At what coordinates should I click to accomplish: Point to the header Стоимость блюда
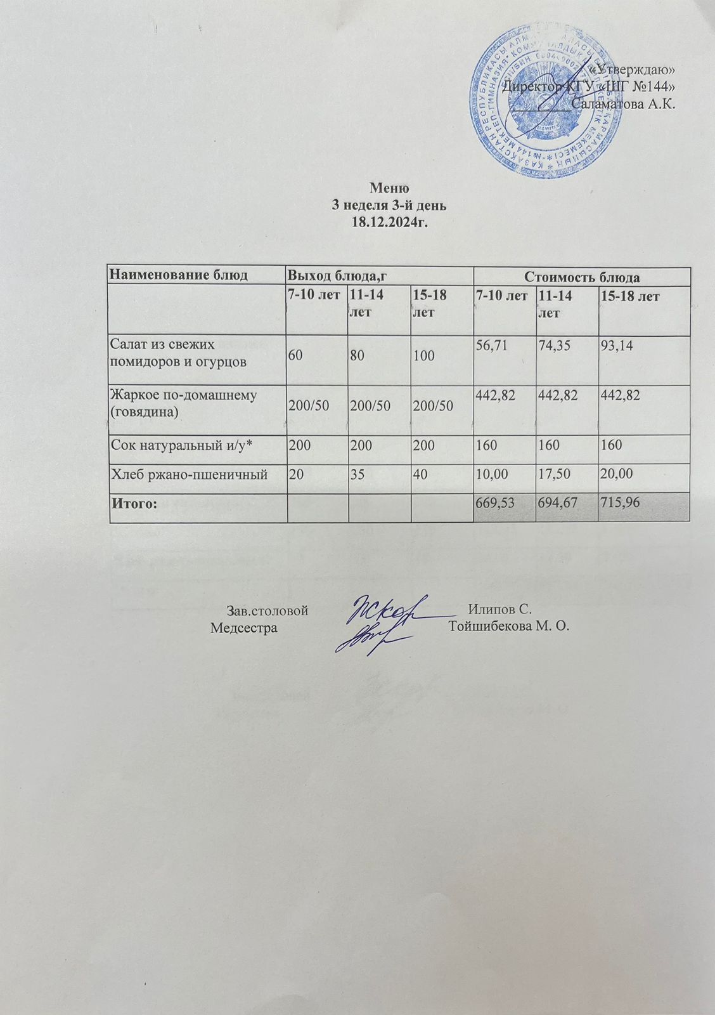point(581,277)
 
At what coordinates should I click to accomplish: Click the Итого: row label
point(134,504)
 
